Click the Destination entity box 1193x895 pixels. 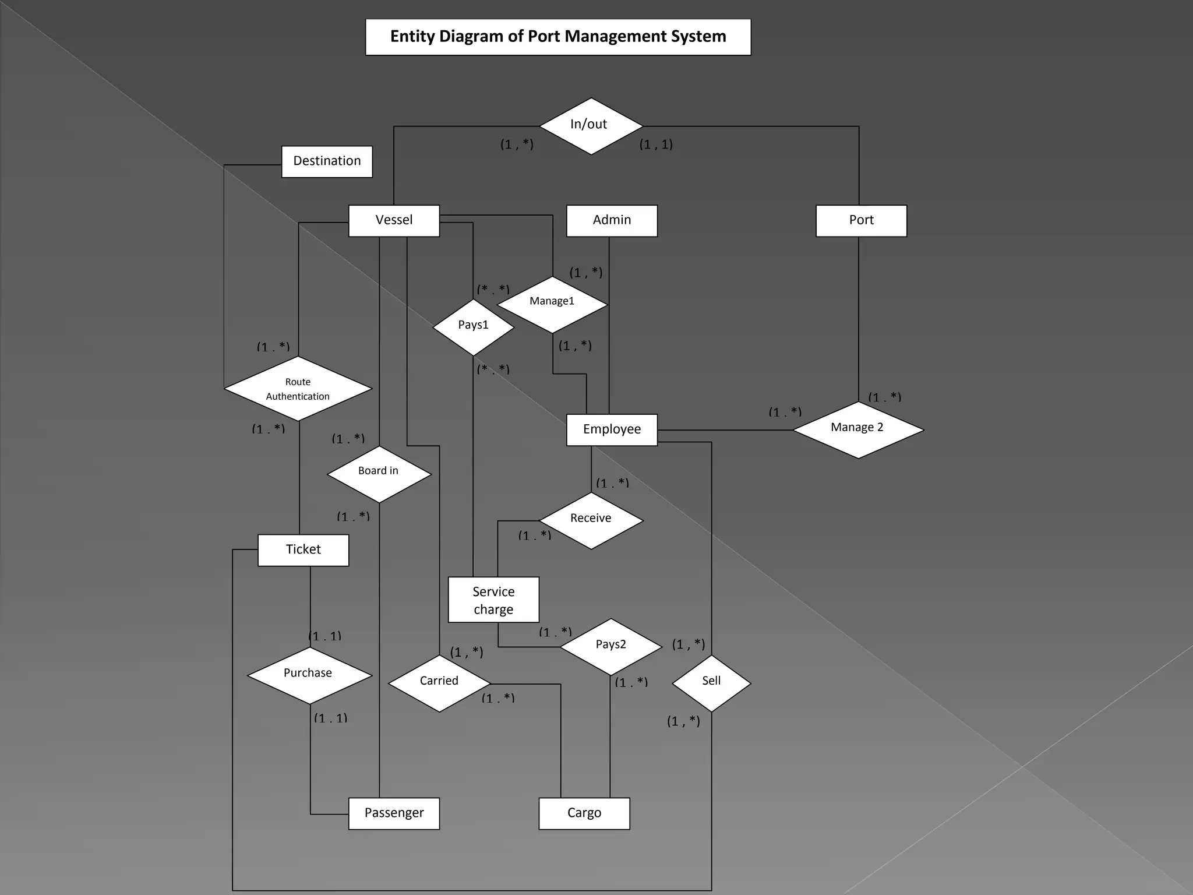pos(327,161)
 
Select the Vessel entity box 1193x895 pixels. pos(394,220)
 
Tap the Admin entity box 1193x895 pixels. pos(612,220)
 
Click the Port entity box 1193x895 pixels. pos(861,220)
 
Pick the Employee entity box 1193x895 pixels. pos(612,429)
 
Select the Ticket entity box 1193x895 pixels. pos(303,549)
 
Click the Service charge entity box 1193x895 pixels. pos(493,600)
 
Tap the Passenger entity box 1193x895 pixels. pos(394,813)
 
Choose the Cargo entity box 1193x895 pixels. pos(584,813)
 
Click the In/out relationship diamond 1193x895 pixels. pos(591,126)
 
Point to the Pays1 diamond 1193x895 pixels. pos(473,327)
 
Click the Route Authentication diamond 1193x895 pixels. pos(298,389)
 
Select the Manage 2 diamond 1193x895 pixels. pos(858,429)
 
